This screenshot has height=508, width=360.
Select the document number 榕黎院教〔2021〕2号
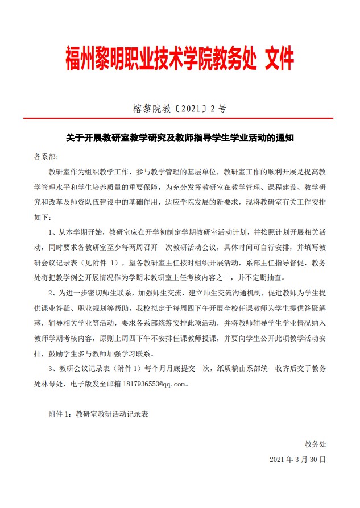coord(180,107)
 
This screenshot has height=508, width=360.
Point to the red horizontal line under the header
coord(180,118)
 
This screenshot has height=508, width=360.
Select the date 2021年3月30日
coord(297,458)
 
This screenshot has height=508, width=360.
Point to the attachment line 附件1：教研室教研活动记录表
coord(98,414)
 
